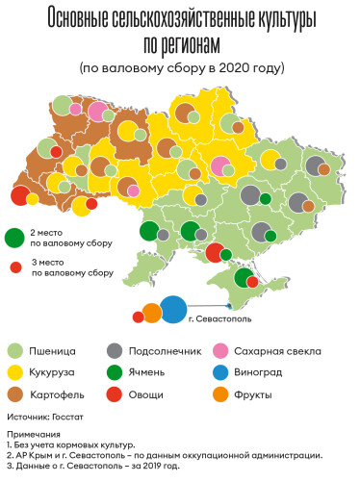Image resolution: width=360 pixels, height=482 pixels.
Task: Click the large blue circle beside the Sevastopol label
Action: (x=173, y=309)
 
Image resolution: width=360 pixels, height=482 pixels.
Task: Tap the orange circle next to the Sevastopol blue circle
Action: (x=151, y=312)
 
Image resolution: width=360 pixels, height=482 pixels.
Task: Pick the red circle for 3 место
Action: (x=16, y=267)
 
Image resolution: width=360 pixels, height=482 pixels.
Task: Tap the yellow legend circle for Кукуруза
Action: (x=16, y=373)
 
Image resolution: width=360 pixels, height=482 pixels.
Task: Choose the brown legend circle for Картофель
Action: (x=16, y=394)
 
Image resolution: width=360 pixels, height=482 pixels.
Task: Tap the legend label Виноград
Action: (x=270, y=373)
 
